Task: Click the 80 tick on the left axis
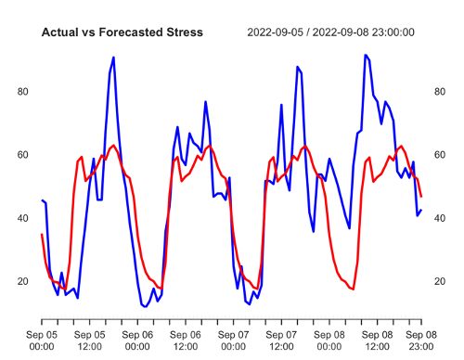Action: click(x=23, y=92)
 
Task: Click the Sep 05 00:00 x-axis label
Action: click(x=41, y=339)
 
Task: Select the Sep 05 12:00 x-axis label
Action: click(x=89, y=339)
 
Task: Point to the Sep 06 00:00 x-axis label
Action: click(x=137, y=339)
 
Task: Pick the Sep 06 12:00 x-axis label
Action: click(x=186, y=339)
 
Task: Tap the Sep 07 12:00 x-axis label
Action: click(x=282, y=339)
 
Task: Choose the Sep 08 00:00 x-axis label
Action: click(x=330, y=339)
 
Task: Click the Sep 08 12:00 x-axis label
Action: click(x=379, y=339)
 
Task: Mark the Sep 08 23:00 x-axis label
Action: click(x=421, y=339)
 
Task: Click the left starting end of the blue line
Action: click(x=42, y=200)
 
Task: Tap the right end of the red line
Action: click(x=421, y=197)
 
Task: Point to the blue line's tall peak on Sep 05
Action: click(x=113, y=58)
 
